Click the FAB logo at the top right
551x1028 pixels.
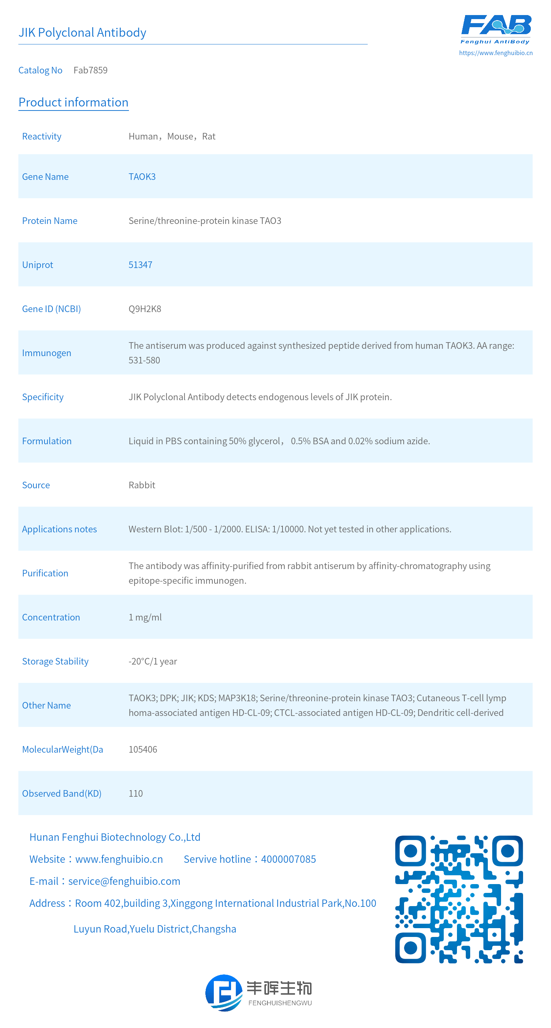pos(496,29)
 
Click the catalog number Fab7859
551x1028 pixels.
pos(90,70)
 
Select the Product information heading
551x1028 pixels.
pos(73,102)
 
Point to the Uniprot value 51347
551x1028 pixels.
pos(140,265)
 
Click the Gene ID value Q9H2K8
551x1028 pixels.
pos(144,309)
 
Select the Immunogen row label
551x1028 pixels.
pos(46,353)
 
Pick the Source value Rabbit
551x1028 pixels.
pos(142,485)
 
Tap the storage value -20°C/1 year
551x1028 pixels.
pos(152,661)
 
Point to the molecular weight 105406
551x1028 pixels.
pos(143,749)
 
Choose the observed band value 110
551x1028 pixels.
pos(135,793)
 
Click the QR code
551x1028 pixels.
pos(459,899)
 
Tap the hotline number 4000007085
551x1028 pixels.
pos(288,859)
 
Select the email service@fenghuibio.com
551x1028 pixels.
pos(124,881)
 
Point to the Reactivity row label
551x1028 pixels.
pos(42,137)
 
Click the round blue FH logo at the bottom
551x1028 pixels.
pos(224,992)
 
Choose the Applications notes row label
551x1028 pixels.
pos(59,529)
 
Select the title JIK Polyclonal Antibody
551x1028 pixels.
pos(82,32)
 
